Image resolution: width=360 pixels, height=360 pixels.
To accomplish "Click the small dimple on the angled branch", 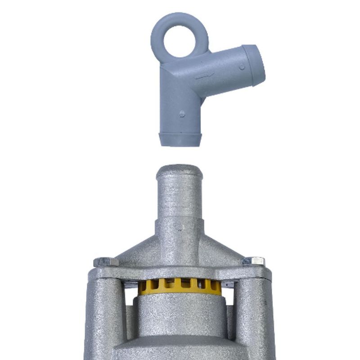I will [242, 66].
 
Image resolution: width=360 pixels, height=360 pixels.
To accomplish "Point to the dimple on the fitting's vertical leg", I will [181, 113].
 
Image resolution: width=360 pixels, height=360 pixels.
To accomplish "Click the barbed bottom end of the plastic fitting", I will [180, 139].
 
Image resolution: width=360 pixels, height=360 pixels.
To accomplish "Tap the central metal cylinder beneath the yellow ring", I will [180, 319].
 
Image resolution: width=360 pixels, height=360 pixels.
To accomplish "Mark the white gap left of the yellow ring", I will [130, 295].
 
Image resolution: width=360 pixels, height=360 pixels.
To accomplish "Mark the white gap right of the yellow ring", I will [228, 295].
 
